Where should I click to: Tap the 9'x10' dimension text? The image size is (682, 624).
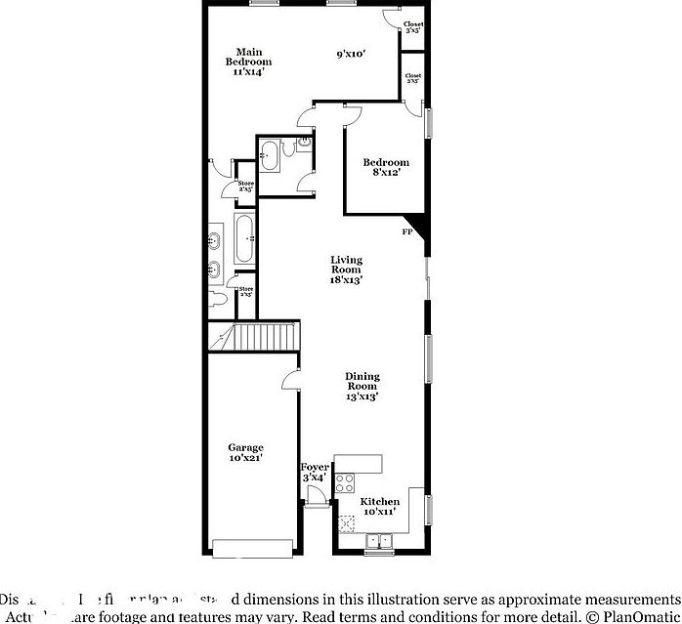tap(351, 55)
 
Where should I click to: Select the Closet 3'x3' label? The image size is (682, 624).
tap(414, 27)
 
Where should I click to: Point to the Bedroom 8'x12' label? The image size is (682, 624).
tap(386, 167)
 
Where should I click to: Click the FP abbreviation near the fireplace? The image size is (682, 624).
tap(406, 232)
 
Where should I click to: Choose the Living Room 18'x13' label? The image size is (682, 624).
tap(346, 270)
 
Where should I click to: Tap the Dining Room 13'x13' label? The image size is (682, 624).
tap(362, 386)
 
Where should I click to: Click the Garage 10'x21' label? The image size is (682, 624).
tap(245, 452)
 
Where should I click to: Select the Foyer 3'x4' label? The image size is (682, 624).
tap(315, 472)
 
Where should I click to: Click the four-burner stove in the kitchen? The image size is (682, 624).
tap(346, 481)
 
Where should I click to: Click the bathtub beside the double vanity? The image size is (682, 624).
tap(244, 238)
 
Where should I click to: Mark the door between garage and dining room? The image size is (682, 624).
tap(290, 382)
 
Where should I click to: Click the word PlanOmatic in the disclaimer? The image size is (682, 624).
tap(642, 617)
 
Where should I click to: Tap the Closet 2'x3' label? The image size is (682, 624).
tap(414, 78)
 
